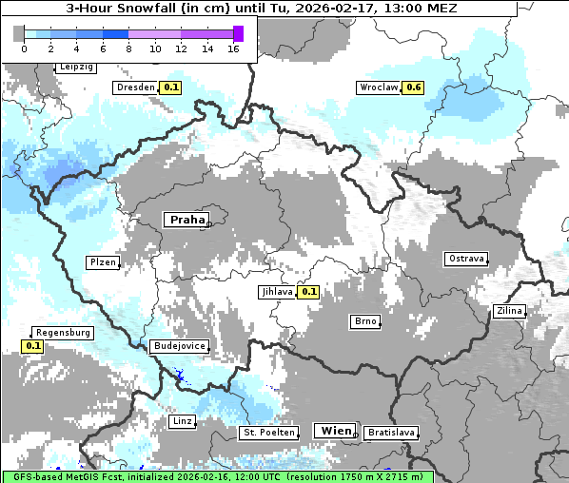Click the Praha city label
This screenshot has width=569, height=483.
click(186, 220)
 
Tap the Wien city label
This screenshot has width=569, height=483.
click(335, 431)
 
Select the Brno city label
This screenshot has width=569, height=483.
click(364, 321)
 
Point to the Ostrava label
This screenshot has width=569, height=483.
click(466, 259)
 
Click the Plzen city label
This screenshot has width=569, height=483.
click(103, 262)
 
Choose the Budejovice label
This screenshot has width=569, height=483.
click(179, 346)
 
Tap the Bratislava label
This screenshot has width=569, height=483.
click(390, 433)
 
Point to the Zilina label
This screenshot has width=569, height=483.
click(509, 311)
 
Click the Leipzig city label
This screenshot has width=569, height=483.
click(76, 68)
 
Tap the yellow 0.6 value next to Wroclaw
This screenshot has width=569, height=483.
click(412, 87)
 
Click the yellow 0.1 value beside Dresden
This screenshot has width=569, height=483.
click(170, 87)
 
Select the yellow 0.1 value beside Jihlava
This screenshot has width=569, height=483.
click(307, 292)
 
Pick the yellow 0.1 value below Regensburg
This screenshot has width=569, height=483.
click(33, 346)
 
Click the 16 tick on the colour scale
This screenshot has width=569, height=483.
click(233, 49)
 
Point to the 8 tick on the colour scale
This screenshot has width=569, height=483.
click(128, 49)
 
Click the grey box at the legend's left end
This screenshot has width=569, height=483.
click(19, 33)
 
